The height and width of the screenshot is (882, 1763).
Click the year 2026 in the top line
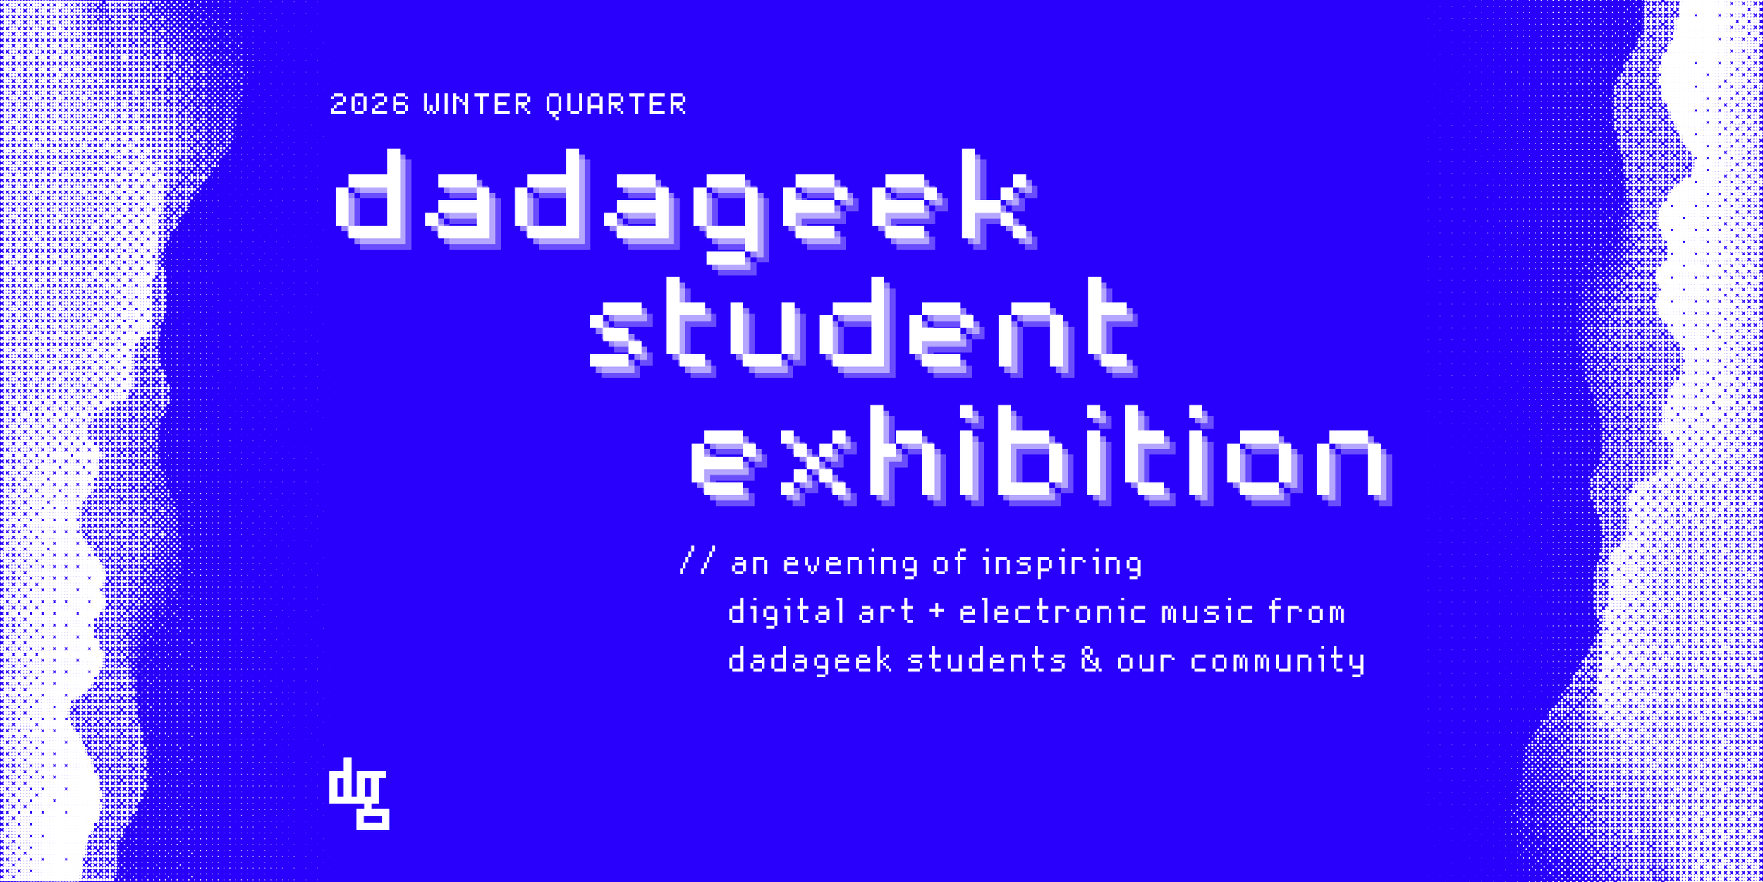tap(370, 104)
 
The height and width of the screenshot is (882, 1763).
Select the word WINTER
tap(477, 104)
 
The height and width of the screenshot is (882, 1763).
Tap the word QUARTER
tap(616, 104)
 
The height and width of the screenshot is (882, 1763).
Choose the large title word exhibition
tap(1039, 455)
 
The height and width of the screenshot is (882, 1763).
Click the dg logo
tap(359, 794)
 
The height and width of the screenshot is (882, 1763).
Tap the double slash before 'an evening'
tap(697, 561)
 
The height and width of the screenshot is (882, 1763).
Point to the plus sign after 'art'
tap(937, 611)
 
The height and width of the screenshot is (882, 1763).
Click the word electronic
tap(1052, 612)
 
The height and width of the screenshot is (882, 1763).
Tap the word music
tap(1207, 612)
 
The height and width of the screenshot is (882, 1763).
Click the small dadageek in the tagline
tap(810, 661)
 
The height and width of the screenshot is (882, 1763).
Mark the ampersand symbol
tap(1090, 660)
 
